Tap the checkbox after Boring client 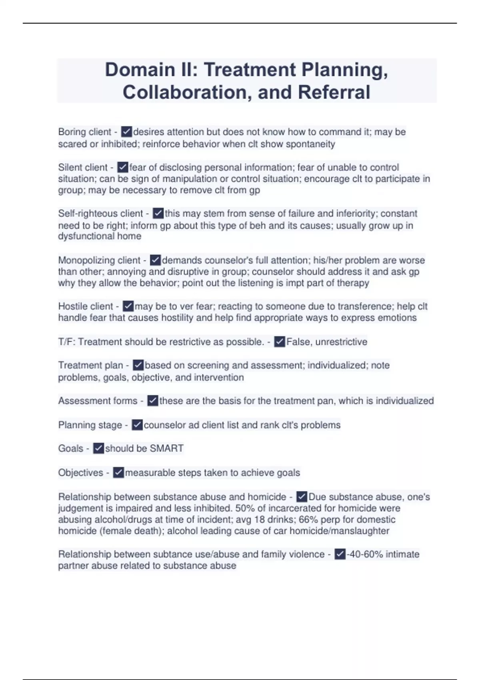[126, 132]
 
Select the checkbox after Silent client [123, 167]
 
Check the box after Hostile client [128, 306]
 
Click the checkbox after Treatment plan [138, 365]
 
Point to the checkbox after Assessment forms [152, 401]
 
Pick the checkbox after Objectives [118, 473]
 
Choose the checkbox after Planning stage [137, 425]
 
